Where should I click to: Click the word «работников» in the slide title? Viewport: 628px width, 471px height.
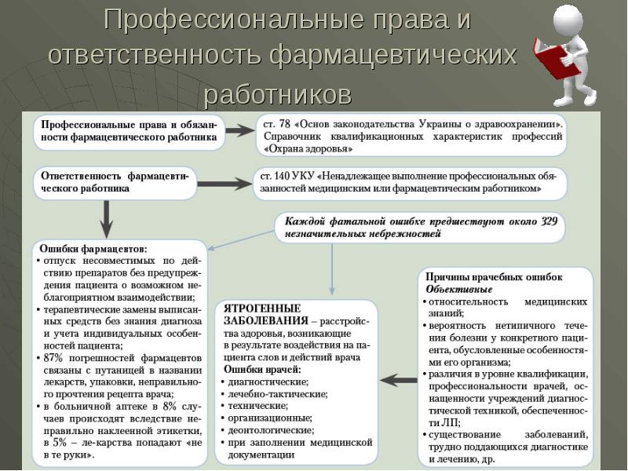(277, 94)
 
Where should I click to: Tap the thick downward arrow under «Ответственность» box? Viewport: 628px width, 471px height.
(108, 215)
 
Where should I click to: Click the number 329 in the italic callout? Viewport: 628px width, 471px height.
(549, 221)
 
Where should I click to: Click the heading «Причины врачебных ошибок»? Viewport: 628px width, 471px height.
(494, 277)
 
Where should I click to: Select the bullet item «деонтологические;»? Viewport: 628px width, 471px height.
(273, 429)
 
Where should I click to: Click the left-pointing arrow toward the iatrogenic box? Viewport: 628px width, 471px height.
(398, 380)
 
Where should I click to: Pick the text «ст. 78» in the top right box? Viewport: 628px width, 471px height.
(276, 123)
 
